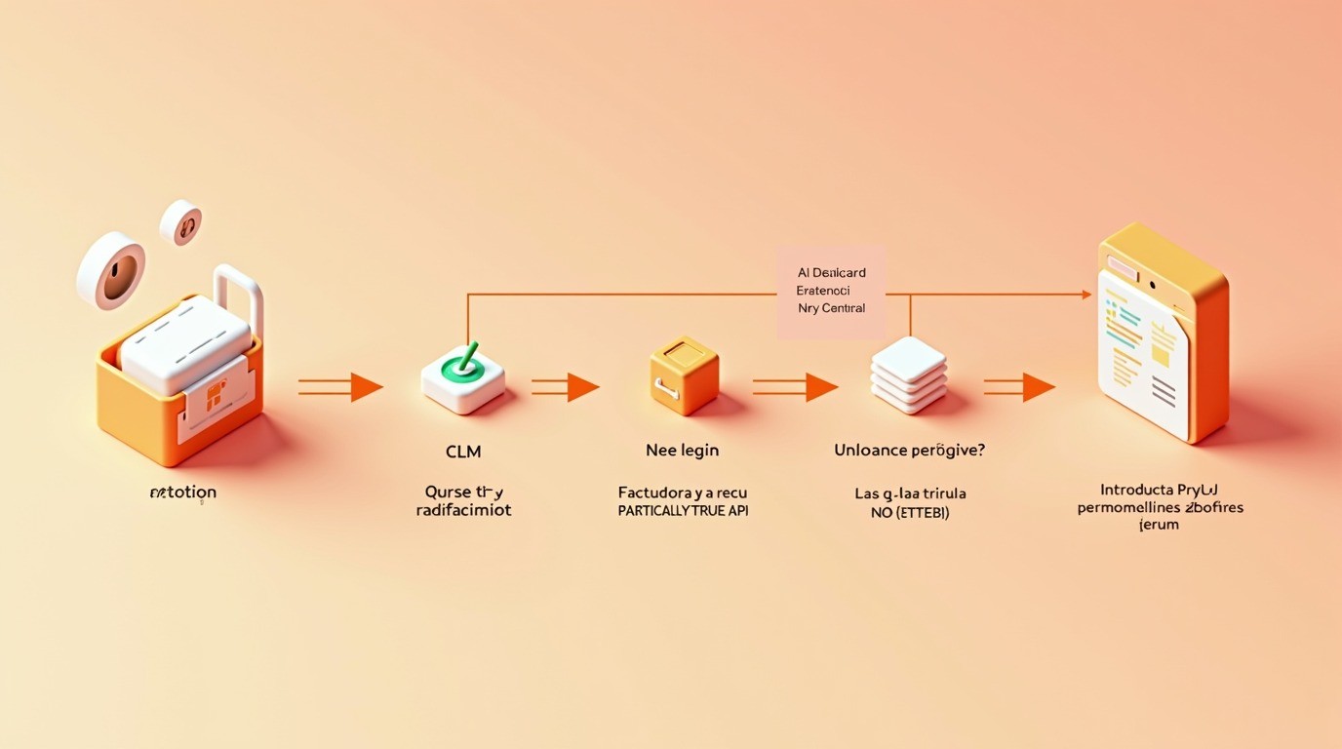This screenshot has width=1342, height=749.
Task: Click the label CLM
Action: click(x=463, y=452)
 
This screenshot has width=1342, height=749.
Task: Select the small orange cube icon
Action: click(x=684, y=375)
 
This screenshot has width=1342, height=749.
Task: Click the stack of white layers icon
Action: click(x=908, y=374)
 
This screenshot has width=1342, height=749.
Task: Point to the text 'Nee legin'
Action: click(x=682, y=451)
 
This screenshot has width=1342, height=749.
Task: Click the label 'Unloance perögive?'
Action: click(x=909, y=451)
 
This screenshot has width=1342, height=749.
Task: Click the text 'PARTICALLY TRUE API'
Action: click(x=683, y=511)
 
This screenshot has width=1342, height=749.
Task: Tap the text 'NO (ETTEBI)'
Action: click(x=909, y=513)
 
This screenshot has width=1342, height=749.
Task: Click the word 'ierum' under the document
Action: click(x=1160, y=525)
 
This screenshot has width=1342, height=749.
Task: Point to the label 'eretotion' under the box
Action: click(x=182, y=493)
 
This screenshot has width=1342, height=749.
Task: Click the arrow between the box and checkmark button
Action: click(x=340, y=387)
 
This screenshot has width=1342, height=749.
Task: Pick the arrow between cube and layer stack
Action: click(x=795, y=387)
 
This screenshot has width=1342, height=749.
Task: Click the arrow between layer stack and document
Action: click(x=1019, y=387)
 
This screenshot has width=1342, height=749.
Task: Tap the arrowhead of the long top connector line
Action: click(x=1085, y=294)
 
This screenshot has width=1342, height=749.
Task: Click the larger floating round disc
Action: click(x=111, y=270)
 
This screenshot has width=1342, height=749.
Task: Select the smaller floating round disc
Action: click(x=181, y=222)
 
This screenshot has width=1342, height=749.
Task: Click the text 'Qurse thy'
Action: click(x=463, y=492)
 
